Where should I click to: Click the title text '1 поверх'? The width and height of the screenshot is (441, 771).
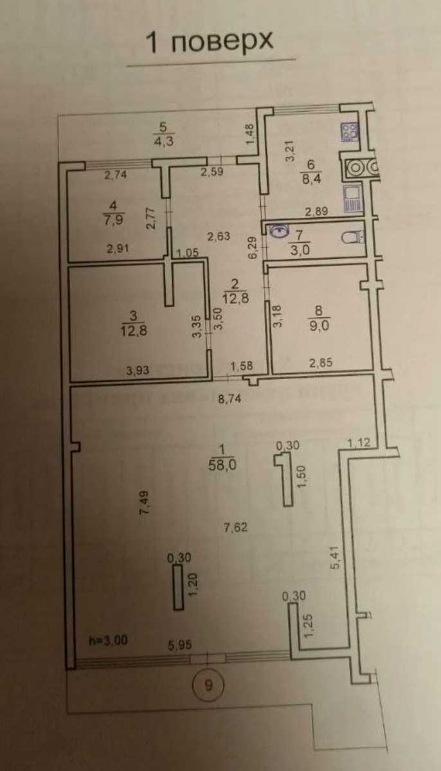point(210,42)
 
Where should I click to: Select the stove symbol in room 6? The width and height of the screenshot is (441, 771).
point(349,132)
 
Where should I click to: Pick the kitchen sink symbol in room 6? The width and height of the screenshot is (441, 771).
point(352,199)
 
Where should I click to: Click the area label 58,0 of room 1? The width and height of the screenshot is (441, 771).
point(222,465)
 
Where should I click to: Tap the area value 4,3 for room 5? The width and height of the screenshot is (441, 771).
point(164,141)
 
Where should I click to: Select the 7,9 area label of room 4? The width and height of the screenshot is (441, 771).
point(113,219)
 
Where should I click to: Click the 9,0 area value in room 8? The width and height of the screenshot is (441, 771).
point(319,325)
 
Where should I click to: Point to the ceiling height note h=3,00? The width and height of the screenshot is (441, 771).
point(108,641)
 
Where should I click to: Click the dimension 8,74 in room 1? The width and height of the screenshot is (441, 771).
point(230,399)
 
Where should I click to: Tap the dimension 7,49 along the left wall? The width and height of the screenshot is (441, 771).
point(144,502)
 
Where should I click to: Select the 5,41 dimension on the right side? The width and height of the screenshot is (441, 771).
point(336,558)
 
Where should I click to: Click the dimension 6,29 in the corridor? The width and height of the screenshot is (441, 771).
point(253,247)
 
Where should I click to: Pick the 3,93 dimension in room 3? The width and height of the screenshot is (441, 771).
point(138,370)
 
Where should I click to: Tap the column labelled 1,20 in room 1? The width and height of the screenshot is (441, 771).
point(178,587)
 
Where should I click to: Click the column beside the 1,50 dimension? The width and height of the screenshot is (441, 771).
point(285,479)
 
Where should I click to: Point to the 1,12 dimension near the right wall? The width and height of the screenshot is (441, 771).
point(359,442)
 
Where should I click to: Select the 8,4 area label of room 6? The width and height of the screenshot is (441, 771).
point(311,179)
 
